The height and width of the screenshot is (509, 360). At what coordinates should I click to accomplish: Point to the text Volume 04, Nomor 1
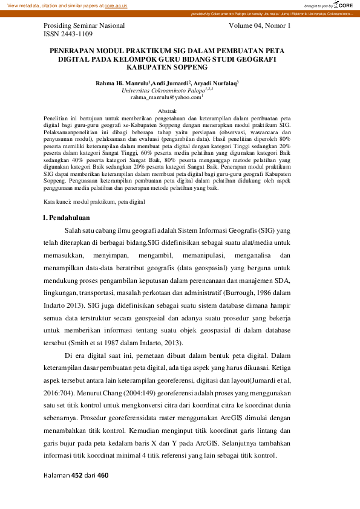[x=260, y=27]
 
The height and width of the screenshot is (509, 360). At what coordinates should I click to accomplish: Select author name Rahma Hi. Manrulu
[x=122, y=82]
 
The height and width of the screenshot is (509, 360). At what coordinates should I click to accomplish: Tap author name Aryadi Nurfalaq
[x=215, y=82]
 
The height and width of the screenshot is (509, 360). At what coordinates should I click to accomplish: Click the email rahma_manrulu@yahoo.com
[x=165, y=97]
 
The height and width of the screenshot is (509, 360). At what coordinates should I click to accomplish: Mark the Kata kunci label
[x=57, y=201]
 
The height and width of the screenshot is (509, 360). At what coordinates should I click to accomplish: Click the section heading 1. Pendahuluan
[x=67, y=217]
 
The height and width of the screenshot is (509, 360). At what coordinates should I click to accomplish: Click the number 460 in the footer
[x=102, y=476]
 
